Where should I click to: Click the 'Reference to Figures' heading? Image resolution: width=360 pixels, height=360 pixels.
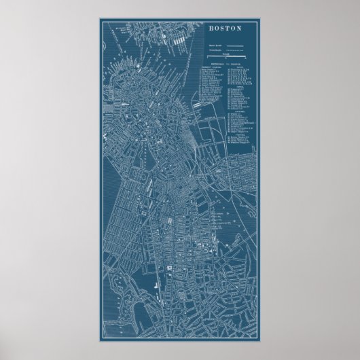pyautogui.click(x=224, y=64)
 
